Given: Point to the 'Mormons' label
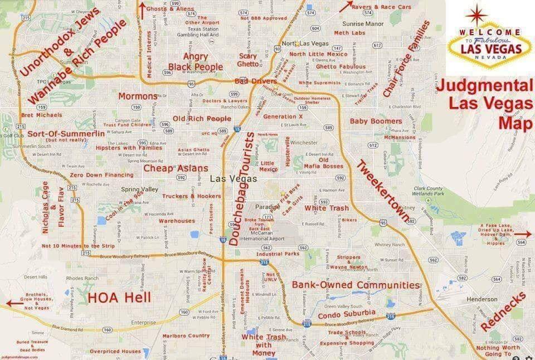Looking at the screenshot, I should point(138,96).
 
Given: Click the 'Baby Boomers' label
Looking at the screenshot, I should point(376,121).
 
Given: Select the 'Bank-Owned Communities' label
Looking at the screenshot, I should point(356,285).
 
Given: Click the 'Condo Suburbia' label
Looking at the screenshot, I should point(347,314).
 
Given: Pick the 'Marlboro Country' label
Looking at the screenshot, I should point(186,335).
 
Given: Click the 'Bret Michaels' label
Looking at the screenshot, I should point(41,115).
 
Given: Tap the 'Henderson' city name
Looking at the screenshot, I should point(482,299).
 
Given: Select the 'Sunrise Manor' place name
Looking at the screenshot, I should point(362,24).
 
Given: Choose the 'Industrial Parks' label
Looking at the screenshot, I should point(278,254).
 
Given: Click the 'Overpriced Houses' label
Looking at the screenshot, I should point(115,351).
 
